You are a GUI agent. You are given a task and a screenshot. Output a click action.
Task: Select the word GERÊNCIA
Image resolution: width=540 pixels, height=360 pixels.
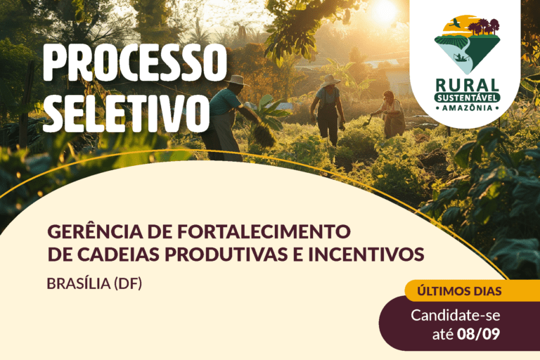[95, 231]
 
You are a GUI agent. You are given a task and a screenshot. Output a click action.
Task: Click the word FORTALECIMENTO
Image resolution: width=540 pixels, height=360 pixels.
[264, 231]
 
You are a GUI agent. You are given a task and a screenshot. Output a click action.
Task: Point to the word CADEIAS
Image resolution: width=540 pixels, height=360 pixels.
[118, 255]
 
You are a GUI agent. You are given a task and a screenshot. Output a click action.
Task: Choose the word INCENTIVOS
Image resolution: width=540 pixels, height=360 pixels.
[366, 255]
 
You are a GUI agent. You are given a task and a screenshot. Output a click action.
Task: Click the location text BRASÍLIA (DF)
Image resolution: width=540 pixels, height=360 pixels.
[94, 283]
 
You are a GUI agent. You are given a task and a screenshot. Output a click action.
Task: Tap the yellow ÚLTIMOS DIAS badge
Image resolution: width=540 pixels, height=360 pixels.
[459, 291]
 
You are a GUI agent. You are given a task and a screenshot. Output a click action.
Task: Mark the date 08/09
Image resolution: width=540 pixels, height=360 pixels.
[478, 334]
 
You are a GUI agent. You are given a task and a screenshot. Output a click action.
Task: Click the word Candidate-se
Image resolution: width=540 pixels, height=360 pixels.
[456, 316]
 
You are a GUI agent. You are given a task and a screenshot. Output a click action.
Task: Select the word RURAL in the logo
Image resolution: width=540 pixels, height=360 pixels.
[468, 85]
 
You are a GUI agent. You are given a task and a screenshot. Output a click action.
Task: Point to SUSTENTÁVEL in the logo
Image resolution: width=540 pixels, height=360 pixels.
[468, 98]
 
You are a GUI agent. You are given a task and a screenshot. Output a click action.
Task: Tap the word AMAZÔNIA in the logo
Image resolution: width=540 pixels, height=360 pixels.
[468, 108]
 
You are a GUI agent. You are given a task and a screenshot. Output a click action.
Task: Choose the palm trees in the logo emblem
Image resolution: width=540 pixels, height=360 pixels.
[483, 27]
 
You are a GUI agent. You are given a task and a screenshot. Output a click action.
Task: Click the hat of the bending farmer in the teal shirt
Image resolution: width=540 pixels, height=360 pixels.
[236, 80]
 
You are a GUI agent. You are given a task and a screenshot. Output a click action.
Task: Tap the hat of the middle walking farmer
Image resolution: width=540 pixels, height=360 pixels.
[330, 79]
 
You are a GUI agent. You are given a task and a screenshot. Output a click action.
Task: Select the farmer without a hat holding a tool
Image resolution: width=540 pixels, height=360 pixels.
[392, 114]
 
